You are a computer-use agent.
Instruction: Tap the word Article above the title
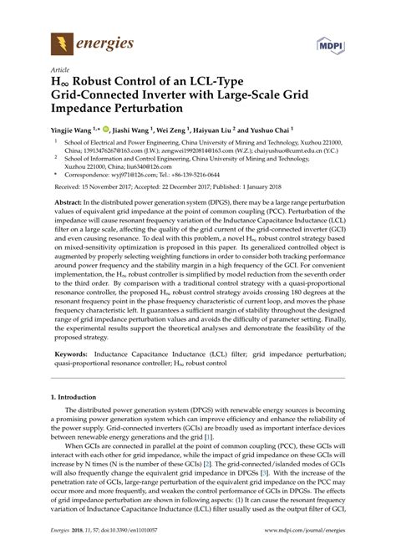[60, 72]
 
